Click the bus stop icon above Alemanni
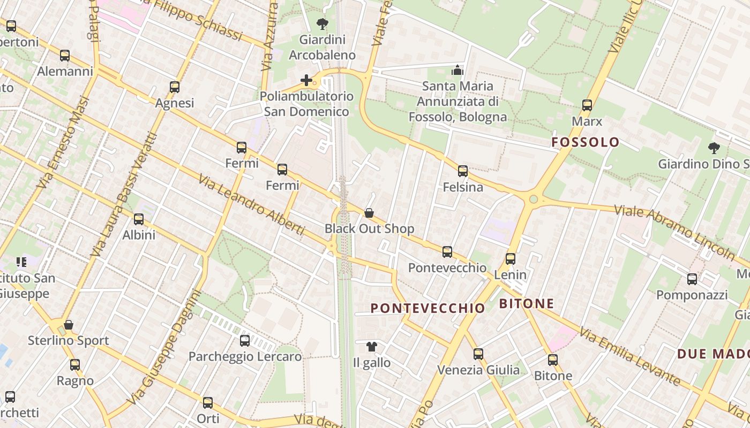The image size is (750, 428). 65,55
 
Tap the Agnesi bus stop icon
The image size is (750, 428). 174,87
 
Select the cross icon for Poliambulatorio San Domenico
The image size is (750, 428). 306,80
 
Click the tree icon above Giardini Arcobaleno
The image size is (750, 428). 322,24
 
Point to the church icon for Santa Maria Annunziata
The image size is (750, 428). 457,70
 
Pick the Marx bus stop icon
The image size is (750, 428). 587,105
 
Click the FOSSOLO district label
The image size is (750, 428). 586,142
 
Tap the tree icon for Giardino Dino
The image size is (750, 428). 714,148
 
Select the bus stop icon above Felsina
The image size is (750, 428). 463,171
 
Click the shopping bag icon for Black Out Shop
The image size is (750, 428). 369,213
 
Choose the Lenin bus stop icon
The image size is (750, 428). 510,259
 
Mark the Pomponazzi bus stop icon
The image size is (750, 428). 692,279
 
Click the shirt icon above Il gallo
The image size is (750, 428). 372,347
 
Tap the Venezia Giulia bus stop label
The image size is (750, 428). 478,370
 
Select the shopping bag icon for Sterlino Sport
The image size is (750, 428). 69,325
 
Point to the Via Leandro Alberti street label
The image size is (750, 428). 252,204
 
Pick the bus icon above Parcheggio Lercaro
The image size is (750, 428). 245,340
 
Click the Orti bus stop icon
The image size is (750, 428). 208,403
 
